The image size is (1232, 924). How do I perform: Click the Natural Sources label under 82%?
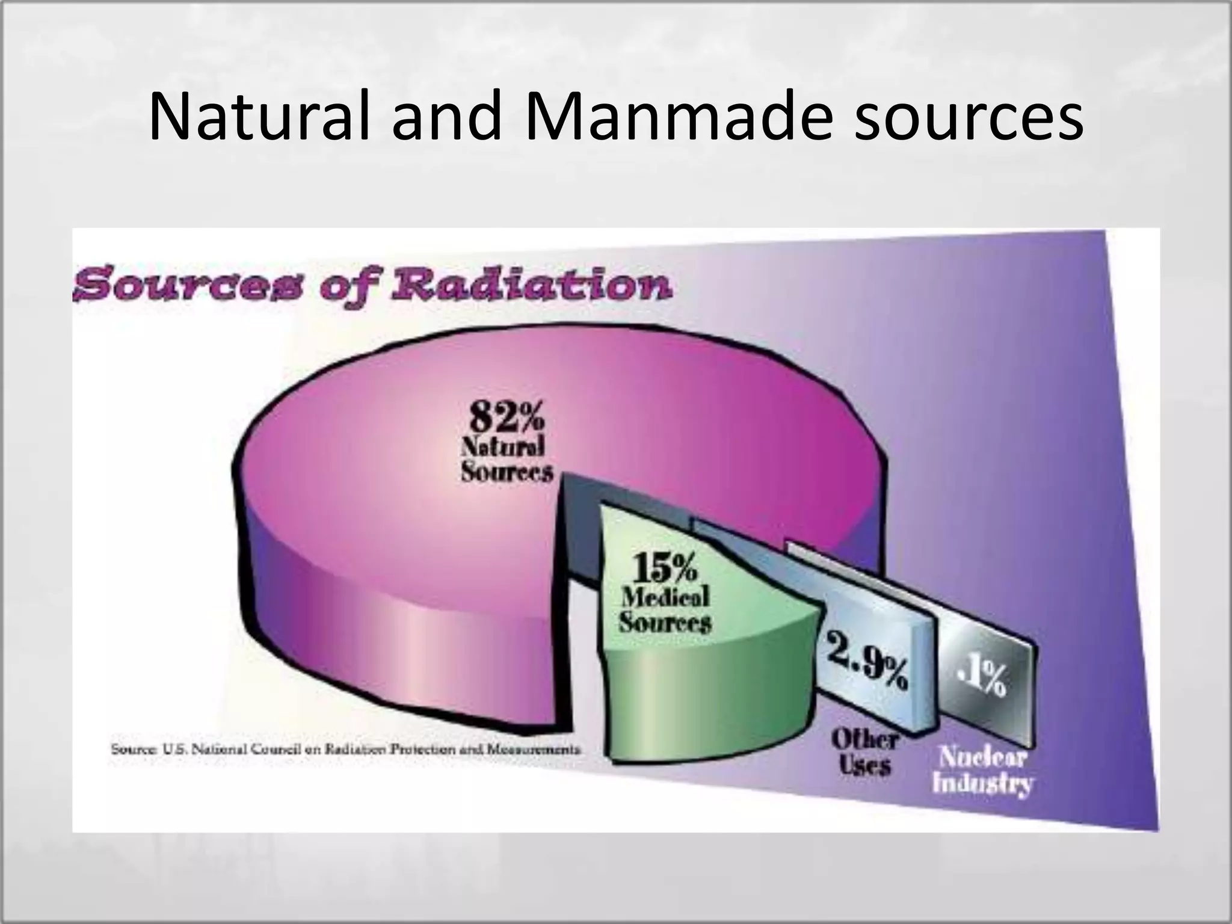coord(506,460)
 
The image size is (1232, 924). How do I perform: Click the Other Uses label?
coord(864,752)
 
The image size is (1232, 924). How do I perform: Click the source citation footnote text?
coord(346,750)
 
